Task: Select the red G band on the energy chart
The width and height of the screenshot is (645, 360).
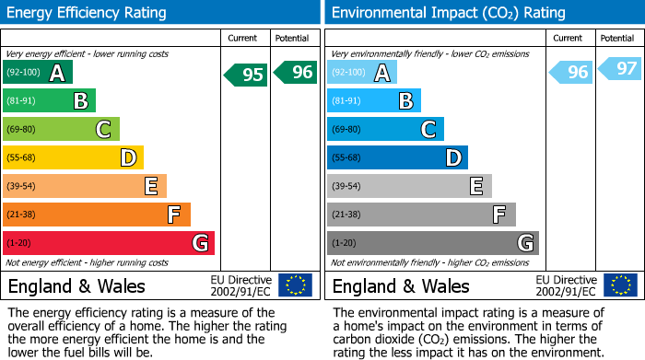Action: coord(109,243)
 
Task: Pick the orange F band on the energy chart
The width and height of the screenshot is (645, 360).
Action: coord(97,215)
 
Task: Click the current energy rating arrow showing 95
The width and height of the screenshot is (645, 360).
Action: coord(246,75)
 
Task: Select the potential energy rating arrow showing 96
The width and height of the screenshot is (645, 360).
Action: coord(296,72)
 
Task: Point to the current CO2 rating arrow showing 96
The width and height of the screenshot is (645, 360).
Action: coord(570,72)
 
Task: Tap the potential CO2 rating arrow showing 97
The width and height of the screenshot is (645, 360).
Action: coord(620,69)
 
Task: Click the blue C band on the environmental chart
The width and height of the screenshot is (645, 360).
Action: coord(385,130)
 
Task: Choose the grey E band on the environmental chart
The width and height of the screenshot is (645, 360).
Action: coord(409,186)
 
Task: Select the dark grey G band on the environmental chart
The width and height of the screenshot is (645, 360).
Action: coord(433,243)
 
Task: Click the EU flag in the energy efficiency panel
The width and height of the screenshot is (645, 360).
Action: coord(295,285)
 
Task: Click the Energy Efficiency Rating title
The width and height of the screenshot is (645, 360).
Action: coord(88,13)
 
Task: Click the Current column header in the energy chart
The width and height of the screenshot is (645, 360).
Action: coord(244,38)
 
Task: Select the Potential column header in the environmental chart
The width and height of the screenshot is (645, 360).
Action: coord(617,38)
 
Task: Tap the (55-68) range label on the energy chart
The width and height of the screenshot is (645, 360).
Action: coord(21,158)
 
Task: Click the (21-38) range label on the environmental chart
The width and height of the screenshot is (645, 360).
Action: coord(346,215)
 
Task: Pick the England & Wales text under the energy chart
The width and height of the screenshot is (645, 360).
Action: coord(74,285)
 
